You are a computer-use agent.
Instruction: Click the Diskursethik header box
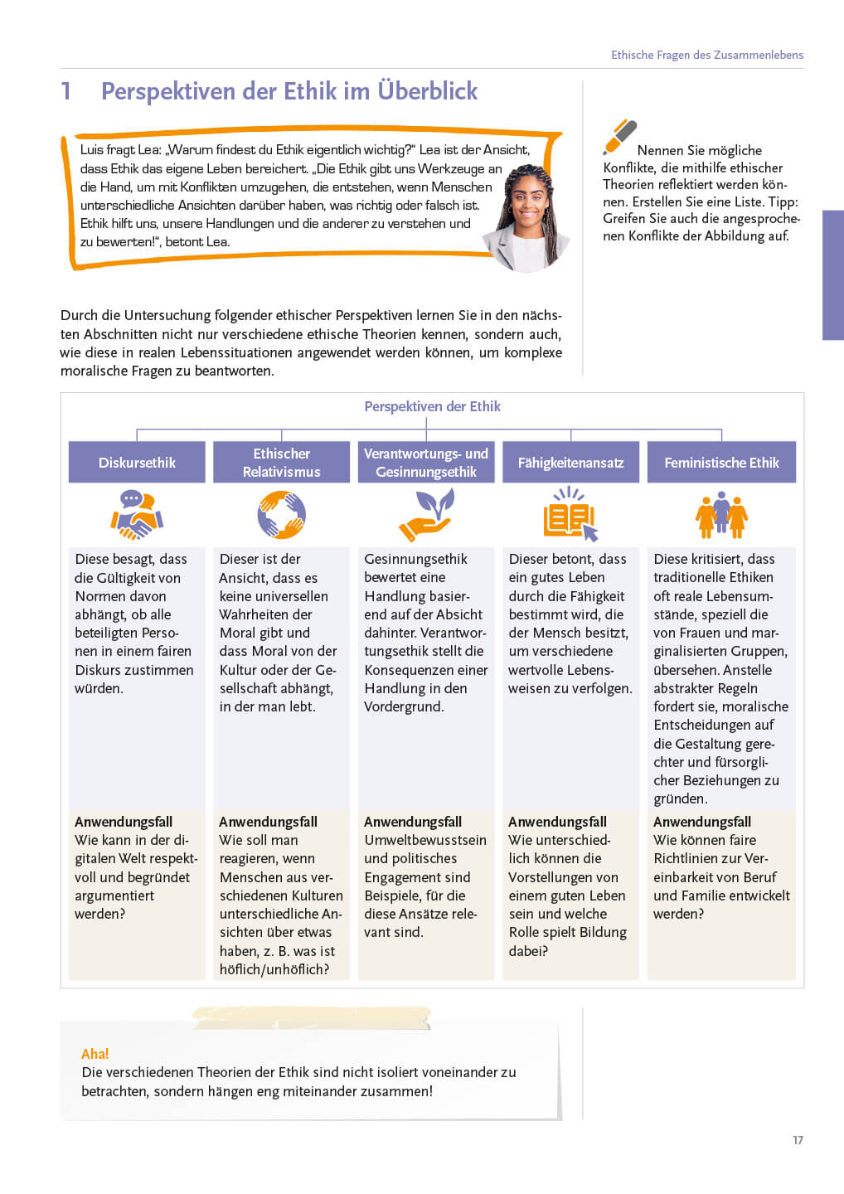point(137,463)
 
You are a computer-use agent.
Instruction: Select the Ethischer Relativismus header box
point(281,463)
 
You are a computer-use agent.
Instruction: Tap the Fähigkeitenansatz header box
point(570,463)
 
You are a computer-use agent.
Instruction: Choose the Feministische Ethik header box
point(721,463)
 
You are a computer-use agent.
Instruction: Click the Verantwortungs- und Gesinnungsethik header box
point(426,463)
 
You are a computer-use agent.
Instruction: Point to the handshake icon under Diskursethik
point(137,515)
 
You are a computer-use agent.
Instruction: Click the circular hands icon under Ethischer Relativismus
point(281,515)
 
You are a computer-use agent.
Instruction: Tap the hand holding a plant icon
point(426,515)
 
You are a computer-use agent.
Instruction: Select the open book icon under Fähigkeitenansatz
point(570,515)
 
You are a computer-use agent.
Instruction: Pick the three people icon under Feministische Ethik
point(721,515)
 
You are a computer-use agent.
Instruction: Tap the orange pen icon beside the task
point(619,137)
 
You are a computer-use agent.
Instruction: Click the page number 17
point(798,1140)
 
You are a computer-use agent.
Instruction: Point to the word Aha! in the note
point(95,1054)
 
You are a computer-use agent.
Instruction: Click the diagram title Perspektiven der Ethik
point(432,406)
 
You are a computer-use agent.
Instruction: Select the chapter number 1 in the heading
point(66,91)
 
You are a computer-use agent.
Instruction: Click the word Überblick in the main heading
point(428,90)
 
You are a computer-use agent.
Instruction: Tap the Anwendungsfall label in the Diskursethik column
point(124,822)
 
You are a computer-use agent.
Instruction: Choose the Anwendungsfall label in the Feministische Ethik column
point(702,822)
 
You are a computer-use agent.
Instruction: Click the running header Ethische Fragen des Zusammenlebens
point(707,55)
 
